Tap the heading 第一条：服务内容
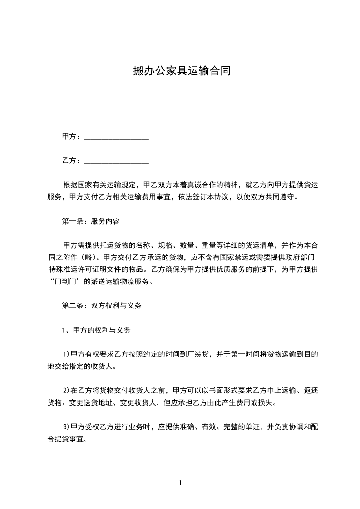coord(91,222)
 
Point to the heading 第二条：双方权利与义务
coord(102,306)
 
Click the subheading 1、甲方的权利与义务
coord(96,330)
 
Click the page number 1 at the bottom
coord(180,483)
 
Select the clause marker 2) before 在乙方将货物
coord(66,391)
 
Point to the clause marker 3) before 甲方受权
coord(66,427)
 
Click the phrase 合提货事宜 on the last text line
coord(68,439)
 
